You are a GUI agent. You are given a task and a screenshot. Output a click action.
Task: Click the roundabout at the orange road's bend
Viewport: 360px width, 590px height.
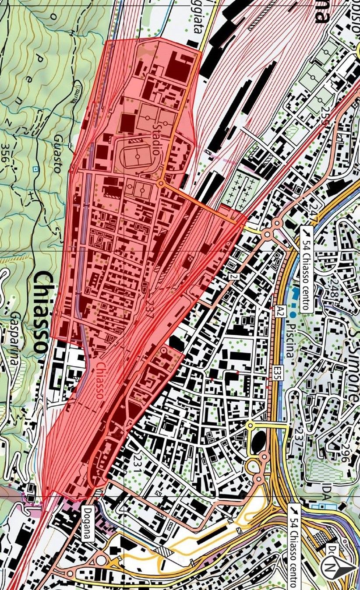pos(161,184)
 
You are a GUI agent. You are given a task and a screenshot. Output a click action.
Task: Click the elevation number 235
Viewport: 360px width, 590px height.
pos(324,116)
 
